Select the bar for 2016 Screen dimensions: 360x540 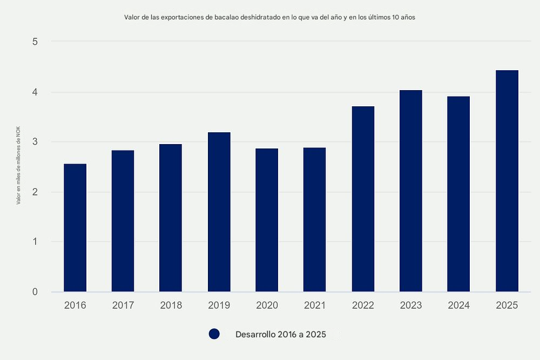pos(75,228)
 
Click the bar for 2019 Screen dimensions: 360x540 pos(219,212)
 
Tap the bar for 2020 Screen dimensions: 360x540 pos(267,220)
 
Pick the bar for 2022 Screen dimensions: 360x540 pos(363,199)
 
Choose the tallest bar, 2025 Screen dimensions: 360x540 pos(507,181)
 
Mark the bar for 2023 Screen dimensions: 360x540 pos(411,191)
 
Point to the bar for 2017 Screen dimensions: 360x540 pos(123,221)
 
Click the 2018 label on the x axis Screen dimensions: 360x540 pos(171,305)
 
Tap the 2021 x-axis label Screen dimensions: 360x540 pos(315,305)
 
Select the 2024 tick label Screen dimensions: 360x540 pos(459,305)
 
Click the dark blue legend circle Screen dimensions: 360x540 pos(214,334)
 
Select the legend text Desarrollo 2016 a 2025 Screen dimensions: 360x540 pos(281,334)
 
